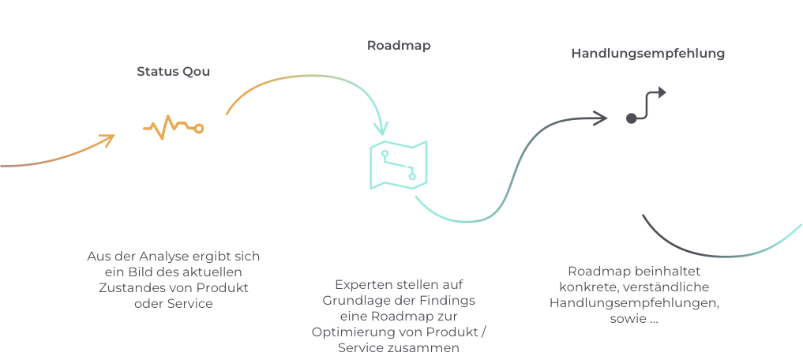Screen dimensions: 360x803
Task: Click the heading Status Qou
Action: [x=173, y=71]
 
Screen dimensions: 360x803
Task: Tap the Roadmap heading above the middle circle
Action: [x=399, y=45]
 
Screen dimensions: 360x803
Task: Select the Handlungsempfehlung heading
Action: [x=648, y=54]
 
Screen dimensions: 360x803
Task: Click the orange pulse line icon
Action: [x=173, y=126]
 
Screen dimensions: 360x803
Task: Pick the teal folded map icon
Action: [x=399, y=164]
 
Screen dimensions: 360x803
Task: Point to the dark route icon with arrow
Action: [x=647, y=105]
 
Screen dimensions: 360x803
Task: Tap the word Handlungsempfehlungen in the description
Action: [x=633, y=302]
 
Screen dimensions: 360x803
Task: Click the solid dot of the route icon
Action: [x=631, y=118]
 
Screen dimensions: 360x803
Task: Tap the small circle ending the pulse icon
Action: [x=199, y=128]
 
